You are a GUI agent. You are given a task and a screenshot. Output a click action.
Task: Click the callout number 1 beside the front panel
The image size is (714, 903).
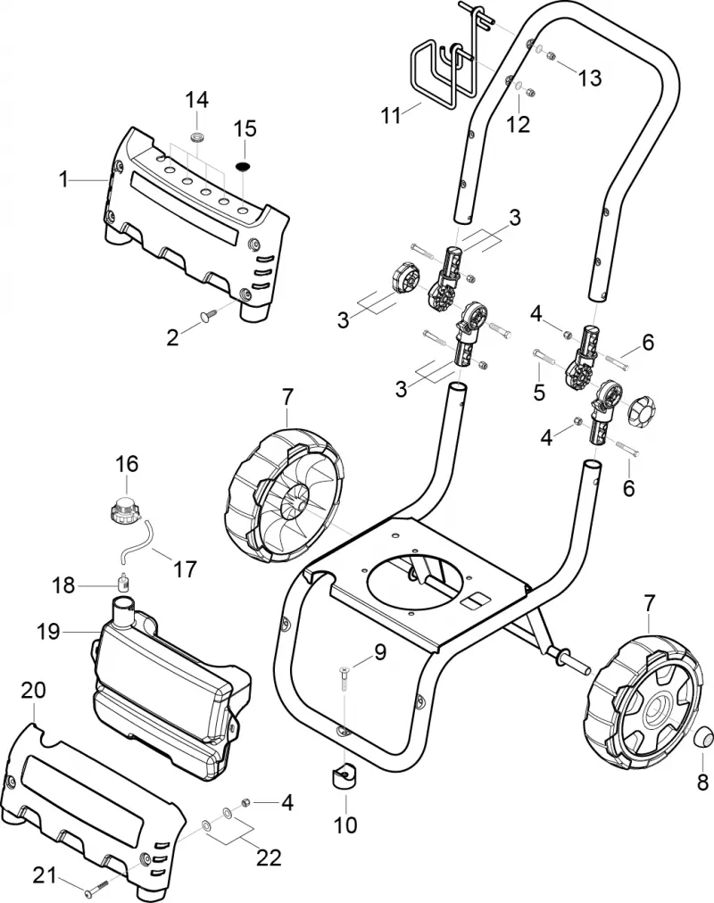[63, 180]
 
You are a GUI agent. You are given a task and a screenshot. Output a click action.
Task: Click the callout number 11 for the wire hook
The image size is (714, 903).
[391, 115]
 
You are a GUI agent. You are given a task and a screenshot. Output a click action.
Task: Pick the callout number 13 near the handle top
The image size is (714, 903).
[590, 78]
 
